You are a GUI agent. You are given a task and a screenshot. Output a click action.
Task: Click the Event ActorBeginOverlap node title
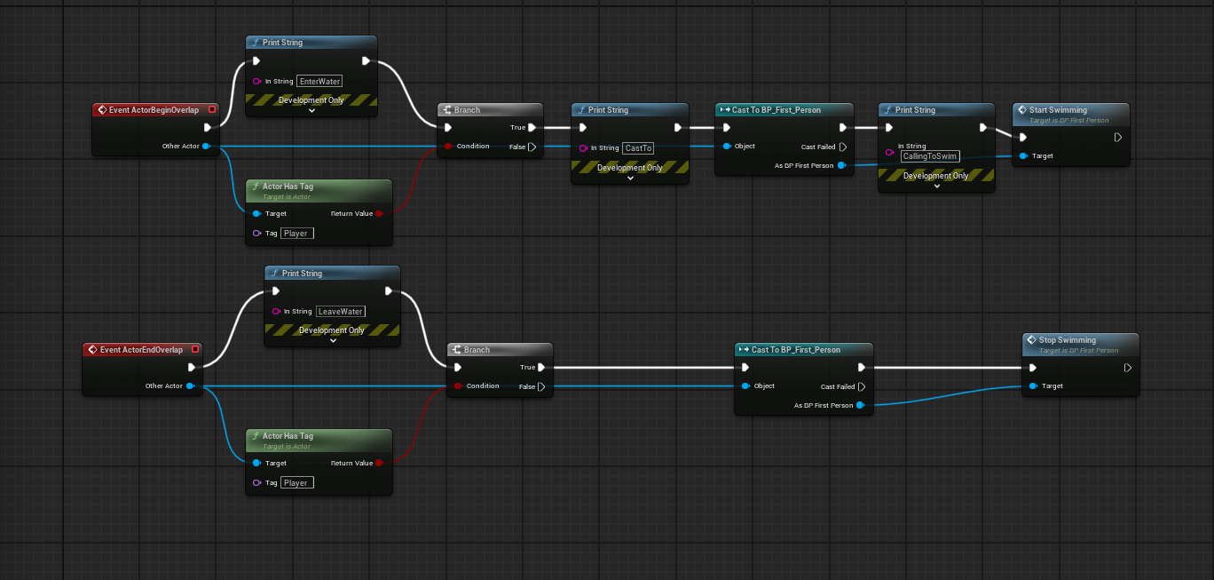click(153, 110)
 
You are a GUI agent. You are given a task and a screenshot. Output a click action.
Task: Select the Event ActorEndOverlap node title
click(141, 350)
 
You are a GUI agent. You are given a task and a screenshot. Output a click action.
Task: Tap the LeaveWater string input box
click(341, 311)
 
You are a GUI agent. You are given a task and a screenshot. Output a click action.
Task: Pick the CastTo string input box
click(638, 148)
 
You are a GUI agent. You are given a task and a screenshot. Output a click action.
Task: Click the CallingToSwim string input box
click(929, 156)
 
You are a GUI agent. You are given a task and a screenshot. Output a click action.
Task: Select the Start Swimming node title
click(1058, 110)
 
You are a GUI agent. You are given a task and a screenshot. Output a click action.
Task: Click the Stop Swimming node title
click(1068, 340)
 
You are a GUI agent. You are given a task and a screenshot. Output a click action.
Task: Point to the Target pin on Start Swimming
click(1023, 156)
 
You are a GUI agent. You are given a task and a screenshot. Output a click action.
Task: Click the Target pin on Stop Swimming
click(1032, 386)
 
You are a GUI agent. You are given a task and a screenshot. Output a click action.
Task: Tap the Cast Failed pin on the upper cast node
click(843, 147)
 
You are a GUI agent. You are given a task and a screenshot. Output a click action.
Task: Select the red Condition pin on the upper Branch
click(448, 147)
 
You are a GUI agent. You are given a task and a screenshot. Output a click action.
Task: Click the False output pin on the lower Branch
click(541, 387)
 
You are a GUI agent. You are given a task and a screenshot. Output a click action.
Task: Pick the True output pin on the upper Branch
click(532, 128)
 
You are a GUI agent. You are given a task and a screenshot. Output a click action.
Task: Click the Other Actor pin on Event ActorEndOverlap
click(190, 386)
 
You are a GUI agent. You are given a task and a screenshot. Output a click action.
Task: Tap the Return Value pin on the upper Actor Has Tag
click(379, 214)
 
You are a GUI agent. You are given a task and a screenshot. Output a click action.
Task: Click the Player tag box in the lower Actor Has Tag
click(296, 483)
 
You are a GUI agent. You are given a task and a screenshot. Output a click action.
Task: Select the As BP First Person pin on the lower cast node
click(862, 406)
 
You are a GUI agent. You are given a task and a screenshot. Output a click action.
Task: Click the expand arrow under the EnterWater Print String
click(311, 112)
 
